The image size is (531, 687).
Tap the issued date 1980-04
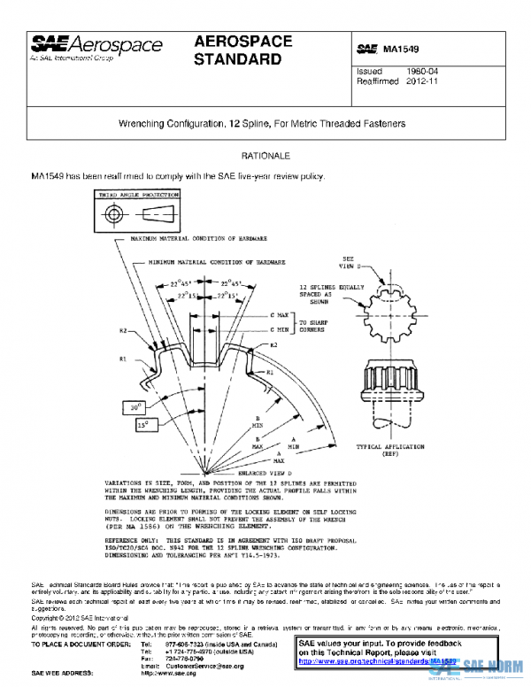[x=421, y=71]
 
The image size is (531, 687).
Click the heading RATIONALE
[x=266, y=156]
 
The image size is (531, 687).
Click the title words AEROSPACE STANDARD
[x=238, y=50]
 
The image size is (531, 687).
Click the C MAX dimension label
[x=281, y=314]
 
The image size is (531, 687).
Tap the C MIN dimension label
[x=281, y=328]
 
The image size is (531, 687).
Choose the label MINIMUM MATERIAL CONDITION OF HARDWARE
[x=217, y=263]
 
